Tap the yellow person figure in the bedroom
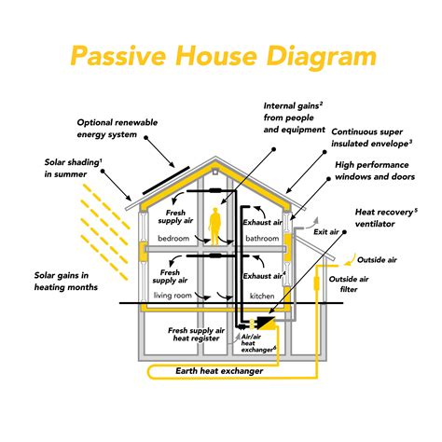[216, 227]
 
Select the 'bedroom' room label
[173, 240]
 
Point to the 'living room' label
[173, 296]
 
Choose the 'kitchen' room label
[263, 296]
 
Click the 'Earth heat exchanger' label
[219, 371]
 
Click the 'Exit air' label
[325, 231]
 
